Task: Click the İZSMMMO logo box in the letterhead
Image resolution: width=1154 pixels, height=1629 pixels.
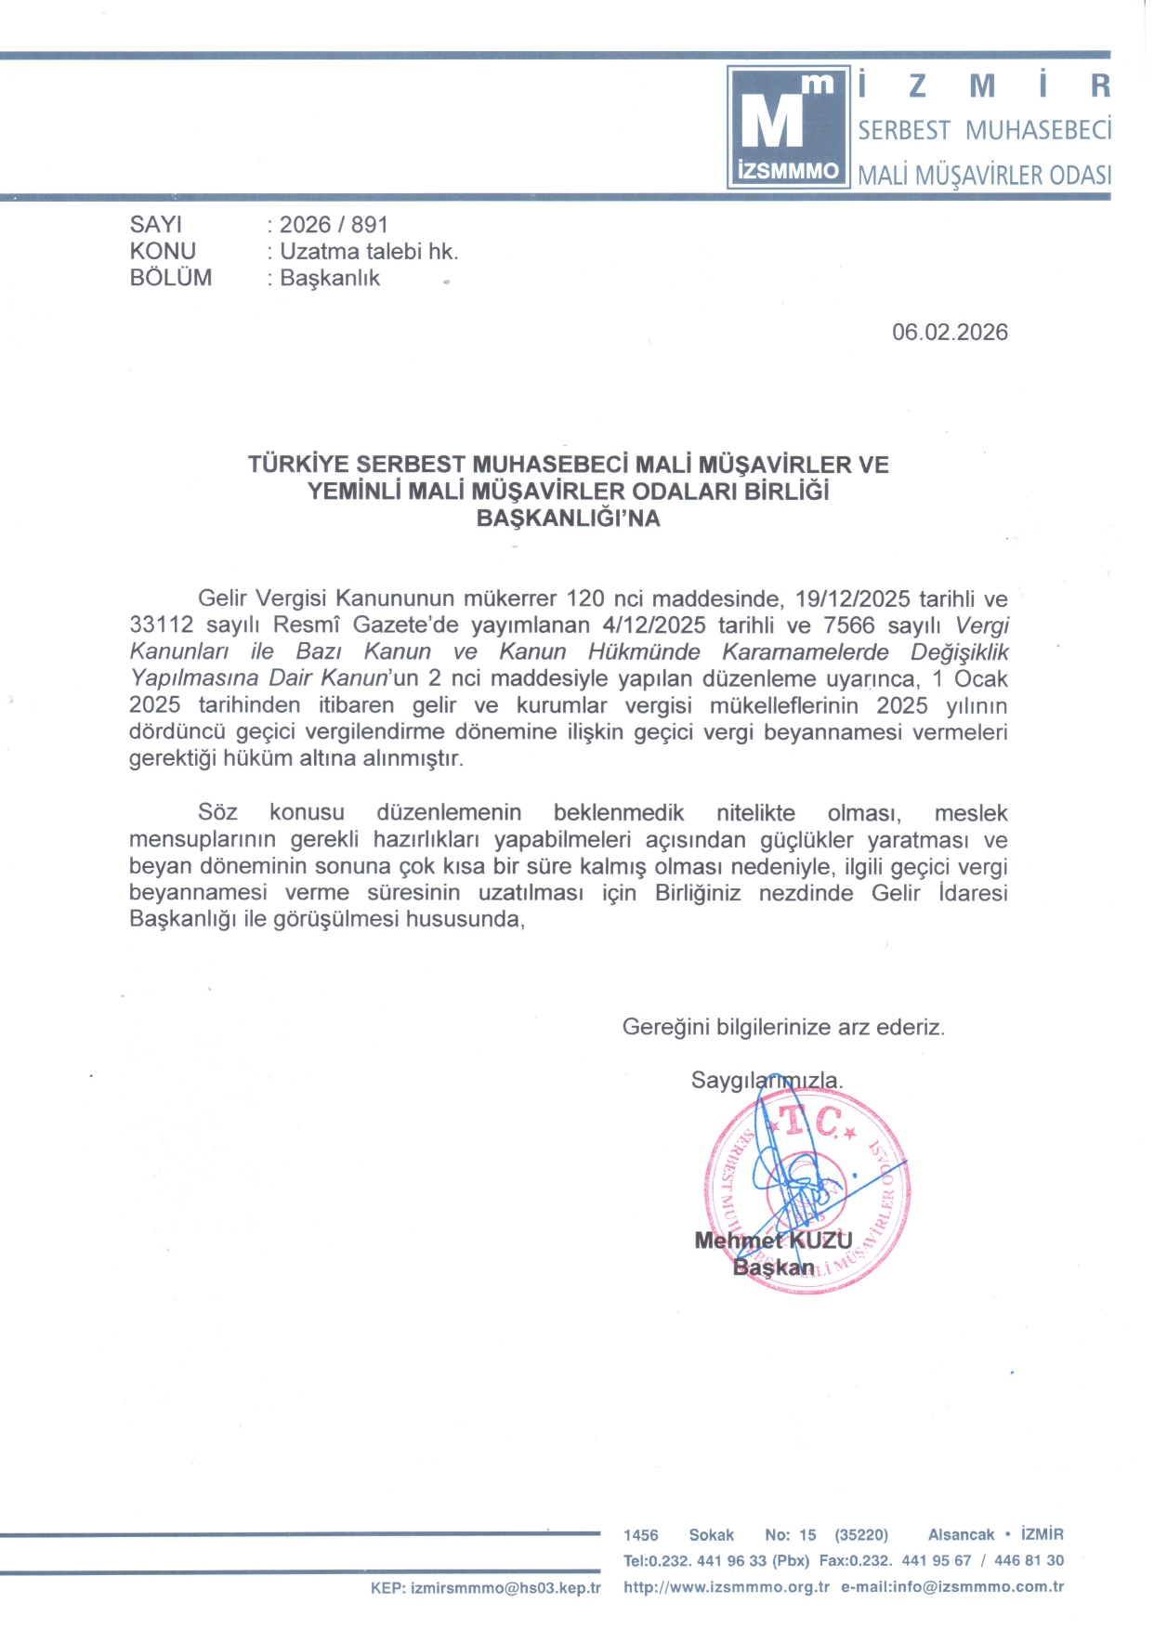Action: pos(788,127)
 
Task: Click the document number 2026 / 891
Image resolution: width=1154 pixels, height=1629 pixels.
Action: pos(334,225)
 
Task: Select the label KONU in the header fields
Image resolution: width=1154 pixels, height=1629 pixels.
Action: pos(163,251)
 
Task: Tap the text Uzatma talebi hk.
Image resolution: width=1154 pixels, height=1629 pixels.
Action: pos(369,252)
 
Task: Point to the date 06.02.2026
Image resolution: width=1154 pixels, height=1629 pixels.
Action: pos(950,333)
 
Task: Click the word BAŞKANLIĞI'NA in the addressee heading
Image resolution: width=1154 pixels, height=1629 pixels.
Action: pos(568,519)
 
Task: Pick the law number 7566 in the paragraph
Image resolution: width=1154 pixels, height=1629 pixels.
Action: pos(848,625)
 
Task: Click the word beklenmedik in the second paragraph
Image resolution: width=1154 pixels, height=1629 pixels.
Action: pos(618,813)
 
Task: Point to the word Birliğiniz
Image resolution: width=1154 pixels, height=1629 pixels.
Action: pos(697,893)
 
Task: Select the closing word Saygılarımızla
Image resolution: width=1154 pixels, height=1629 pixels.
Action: pos(767,1081)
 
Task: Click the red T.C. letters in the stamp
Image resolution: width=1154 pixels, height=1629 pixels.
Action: pos(810,1122)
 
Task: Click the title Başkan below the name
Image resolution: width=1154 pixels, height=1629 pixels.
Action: pos(773,1268)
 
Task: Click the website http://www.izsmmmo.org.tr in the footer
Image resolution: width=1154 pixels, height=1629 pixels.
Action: pos(726,1587)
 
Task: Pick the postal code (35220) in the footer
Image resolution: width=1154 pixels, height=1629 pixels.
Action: pos(861,1535)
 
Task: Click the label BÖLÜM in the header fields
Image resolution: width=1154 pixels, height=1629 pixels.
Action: pos(171,278)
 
